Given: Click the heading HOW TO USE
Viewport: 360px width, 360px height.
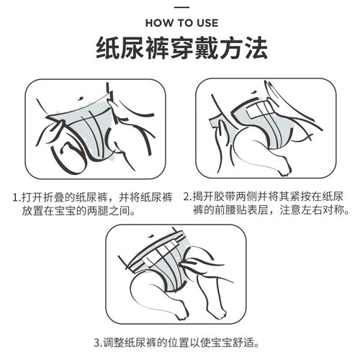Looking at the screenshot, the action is click(181, 23).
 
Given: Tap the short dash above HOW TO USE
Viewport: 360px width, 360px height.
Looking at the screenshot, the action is click(181, 7).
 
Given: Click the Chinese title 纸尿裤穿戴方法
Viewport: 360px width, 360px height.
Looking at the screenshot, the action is click(181, 48).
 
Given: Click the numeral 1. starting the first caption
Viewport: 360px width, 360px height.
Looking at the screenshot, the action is click(17, 198).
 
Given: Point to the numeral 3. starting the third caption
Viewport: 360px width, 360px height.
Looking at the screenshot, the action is click(98, 343).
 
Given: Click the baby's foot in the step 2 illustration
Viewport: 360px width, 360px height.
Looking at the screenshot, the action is click(285, 166).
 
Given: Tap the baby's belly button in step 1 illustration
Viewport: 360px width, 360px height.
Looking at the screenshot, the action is click(80, 99).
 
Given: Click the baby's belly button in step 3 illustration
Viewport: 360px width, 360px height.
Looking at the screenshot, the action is click(151, 235).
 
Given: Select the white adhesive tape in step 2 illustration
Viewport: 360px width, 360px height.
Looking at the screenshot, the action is click(260, 110).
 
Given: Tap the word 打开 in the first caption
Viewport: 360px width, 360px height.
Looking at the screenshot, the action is click(32, 198).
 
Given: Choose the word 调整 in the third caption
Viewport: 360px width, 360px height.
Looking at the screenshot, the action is click(114, 343).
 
